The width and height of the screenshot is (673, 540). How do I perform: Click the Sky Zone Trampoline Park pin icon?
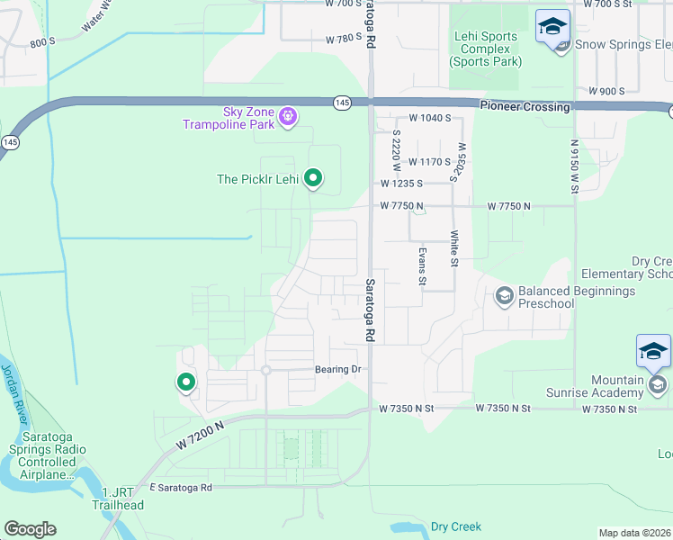288,115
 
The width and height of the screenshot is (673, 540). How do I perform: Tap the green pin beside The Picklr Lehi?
313,178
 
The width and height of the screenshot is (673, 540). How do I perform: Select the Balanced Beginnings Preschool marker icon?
504,295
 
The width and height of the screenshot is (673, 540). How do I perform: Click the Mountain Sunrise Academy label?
594,386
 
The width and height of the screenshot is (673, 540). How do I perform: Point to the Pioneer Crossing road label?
525,107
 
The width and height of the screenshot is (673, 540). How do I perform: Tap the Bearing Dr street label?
337,370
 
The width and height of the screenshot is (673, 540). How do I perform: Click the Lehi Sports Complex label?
485,49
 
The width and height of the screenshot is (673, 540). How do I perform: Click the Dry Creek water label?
456,526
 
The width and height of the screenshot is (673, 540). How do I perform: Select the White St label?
454,248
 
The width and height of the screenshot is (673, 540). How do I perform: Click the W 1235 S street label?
401,183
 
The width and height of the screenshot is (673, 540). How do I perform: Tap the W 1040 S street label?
429,118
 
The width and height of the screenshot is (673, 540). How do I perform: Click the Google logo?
30,529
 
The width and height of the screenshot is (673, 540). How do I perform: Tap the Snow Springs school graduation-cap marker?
552,27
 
